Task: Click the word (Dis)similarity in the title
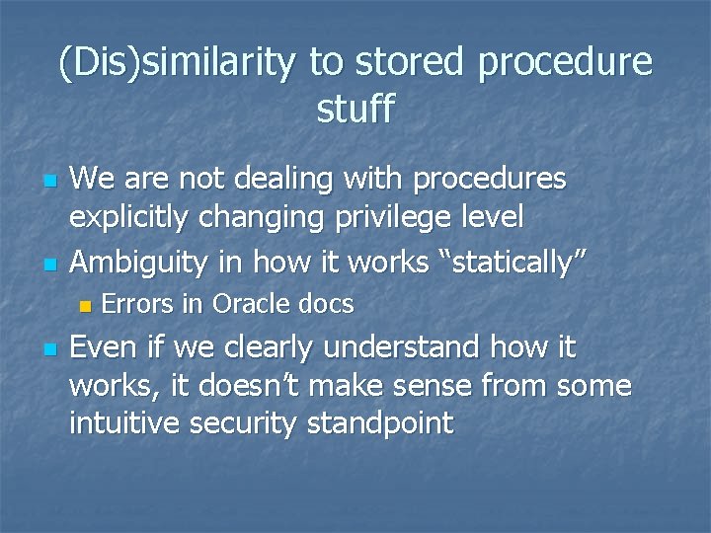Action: point(179,63)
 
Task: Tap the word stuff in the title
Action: point(355,109)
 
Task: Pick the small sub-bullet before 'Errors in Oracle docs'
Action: point(84,307)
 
